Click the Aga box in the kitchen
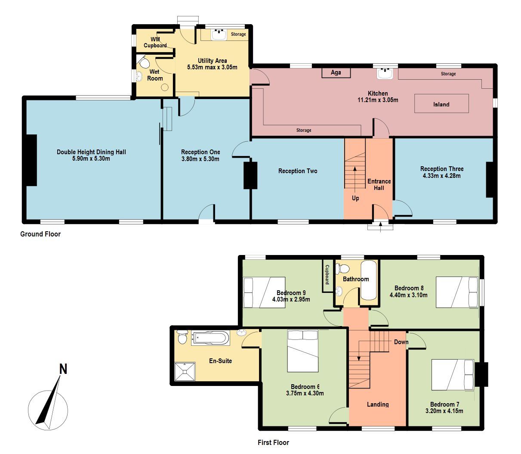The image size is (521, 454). [336, 73]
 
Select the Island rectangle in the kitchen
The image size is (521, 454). [441, 103]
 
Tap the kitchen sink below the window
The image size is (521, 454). [385, 74]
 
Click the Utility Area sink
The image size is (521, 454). [219, 35]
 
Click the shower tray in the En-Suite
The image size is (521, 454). [185, 371]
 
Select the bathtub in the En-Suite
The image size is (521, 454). [210, 338]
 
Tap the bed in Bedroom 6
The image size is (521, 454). [303, 351]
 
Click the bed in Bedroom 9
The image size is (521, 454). [264, 292]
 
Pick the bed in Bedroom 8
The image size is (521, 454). [457, 292]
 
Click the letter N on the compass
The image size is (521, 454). [63, 369]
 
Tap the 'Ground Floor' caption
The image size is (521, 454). [40, 234]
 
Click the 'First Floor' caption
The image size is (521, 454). [273, 442]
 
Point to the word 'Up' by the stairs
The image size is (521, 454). [355, 198]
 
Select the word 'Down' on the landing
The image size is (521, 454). [401, 342]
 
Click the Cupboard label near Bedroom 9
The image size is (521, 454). [327, 274]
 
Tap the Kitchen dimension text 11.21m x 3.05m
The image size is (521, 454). [378, 100]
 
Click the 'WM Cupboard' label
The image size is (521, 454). [155, 42]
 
